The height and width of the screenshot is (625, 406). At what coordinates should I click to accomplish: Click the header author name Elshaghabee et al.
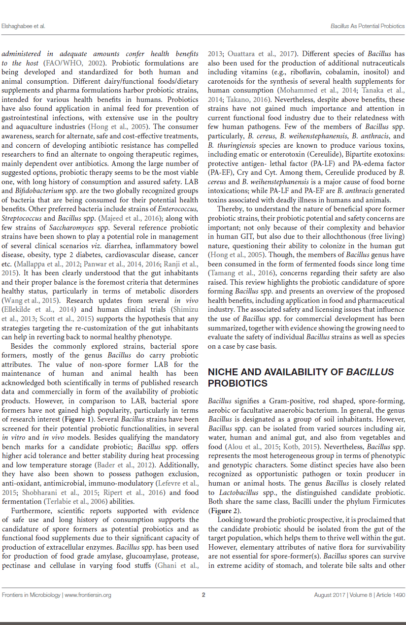[x=23, y=26]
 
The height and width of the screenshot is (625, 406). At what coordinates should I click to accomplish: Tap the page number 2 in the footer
[x=203, y=594]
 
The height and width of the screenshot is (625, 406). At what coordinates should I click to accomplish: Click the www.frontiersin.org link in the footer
[x=88, y=594]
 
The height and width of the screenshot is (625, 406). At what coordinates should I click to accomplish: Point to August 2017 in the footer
[x=329, y=594]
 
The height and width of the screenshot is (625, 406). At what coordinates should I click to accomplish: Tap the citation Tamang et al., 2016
[x=237, y=273]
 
